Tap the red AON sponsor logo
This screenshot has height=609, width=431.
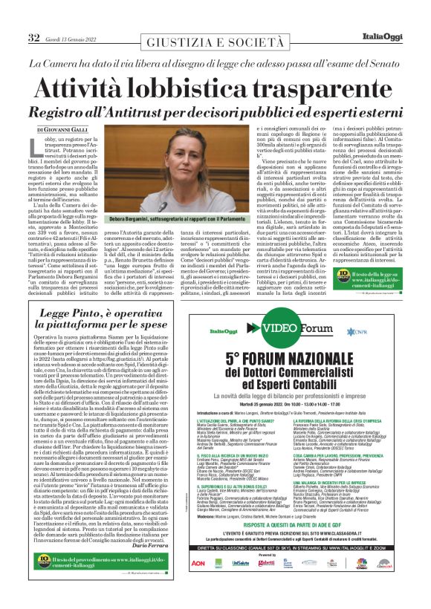click(x=198, y=564)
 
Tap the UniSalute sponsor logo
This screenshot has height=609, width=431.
click(x=241, y=564)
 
